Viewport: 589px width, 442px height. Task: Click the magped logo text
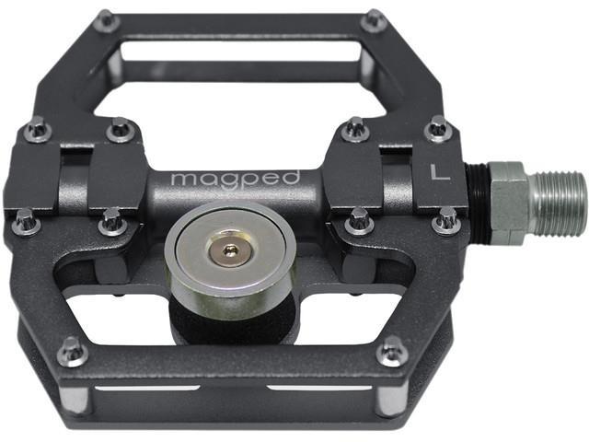(x=236, y=179)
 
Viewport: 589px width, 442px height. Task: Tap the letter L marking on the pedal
(x=440, y=172)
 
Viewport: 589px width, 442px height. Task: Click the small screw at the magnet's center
(x=229, y=250)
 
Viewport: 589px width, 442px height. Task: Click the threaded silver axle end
(x=560, y=204)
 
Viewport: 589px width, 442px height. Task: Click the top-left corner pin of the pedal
(x=108, y=19)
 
